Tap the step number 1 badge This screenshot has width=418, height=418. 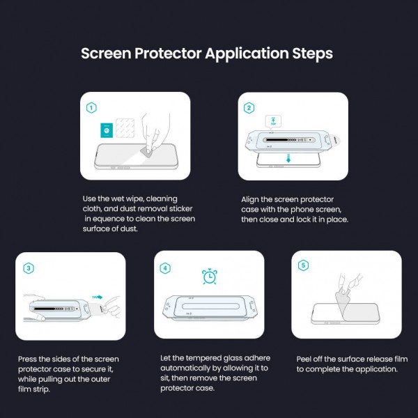[x=91, y=108]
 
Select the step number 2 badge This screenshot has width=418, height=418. [x=249, y=108]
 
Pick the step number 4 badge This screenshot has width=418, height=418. [x=165, y=268]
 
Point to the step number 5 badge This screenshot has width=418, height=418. [x=302, y=265]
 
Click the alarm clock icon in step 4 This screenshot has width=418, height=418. [x=208, y=277]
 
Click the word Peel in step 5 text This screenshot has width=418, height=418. [x=305, y=359]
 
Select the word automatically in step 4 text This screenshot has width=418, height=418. [x=187, y=369]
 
